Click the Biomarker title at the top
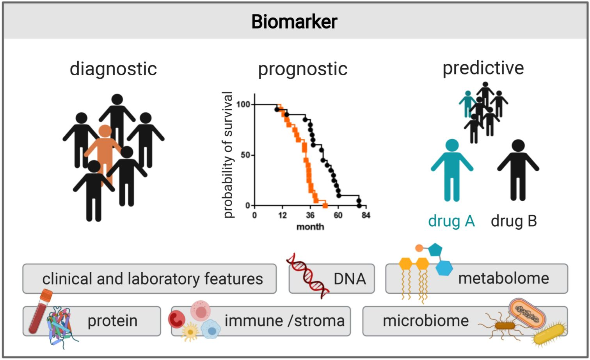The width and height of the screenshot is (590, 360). click(294, 21)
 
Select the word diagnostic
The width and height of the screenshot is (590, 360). click(113, 69)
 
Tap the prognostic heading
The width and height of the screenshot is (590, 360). click(302, 69)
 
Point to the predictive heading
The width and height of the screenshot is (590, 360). click(483, 68)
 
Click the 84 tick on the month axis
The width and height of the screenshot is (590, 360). click(366, 215)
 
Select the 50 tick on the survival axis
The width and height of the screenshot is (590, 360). click(245, 155)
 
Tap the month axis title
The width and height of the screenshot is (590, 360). click(310, 227)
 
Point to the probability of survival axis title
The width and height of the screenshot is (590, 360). click(228, 155)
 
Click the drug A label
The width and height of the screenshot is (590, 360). click(451, 221)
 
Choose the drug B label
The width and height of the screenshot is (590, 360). click(514, 221)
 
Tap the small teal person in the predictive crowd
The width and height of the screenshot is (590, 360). click(467, 103)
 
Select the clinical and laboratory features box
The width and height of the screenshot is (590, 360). click(149, 278)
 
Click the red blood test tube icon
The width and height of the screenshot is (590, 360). click(40, 310)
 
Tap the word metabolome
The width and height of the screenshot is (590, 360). click(503, 278)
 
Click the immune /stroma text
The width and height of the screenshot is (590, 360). click(284, 321)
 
